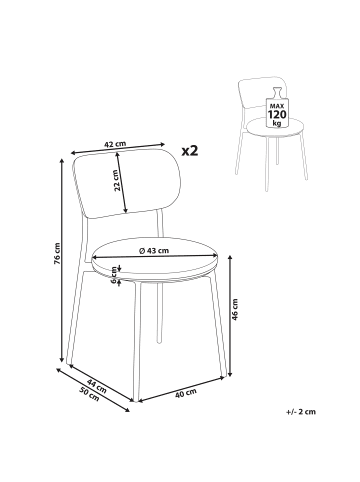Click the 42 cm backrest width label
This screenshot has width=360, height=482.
tap(115, 144)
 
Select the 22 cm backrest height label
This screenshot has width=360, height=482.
tap(116, 180)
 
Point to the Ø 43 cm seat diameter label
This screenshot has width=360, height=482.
tap(154, 251)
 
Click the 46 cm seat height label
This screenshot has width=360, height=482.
tap(235, 310)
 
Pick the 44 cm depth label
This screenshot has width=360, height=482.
tap(97, 386)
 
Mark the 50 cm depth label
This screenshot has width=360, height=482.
tap(89, 394)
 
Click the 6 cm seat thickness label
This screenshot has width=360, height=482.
tap(114, 274)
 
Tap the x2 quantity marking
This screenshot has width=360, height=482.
tap(190, 151)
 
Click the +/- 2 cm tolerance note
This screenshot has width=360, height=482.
tap(300, 412)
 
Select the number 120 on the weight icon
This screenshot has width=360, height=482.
tap(277, 115)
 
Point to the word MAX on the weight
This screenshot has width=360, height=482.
tap(277, 106)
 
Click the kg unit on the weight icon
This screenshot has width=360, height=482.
tap(277, 123)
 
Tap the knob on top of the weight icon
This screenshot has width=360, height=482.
tap(277, 92)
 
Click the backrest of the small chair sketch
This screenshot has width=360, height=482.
tap(262, 92)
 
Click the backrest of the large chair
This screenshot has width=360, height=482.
tap(126, 184)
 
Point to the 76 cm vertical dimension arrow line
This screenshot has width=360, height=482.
tap(61, 260)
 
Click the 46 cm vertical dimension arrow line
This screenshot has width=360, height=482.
tap(230, 316)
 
